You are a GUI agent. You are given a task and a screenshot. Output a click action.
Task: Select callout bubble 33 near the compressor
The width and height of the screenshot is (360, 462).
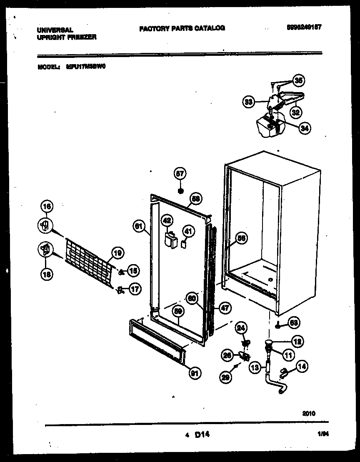248,101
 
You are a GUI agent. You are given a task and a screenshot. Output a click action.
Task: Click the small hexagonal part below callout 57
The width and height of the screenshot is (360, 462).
180,190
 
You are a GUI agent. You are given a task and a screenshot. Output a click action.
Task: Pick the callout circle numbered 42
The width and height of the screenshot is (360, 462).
167,220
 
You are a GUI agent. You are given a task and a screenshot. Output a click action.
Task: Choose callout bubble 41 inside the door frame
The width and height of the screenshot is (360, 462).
188,230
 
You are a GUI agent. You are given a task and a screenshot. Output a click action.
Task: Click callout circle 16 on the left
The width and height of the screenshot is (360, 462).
47,206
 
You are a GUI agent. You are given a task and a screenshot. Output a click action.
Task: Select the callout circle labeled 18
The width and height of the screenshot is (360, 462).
47,274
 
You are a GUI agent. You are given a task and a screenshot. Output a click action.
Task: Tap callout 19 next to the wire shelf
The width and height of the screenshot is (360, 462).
117,252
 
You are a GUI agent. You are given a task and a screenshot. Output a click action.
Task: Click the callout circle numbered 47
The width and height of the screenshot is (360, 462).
224,309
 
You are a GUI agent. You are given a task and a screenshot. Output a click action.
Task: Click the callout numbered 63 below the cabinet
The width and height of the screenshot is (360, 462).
294,322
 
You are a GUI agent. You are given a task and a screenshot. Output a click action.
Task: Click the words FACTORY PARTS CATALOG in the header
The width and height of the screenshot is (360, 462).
182,28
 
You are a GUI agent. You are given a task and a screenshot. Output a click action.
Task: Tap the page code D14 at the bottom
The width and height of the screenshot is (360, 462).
202,435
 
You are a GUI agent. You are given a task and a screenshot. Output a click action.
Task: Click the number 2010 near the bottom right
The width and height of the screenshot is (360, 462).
308,414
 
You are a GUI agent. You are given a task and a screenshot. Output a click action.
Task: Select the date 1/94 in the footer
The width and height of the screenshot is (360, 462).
323,434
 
